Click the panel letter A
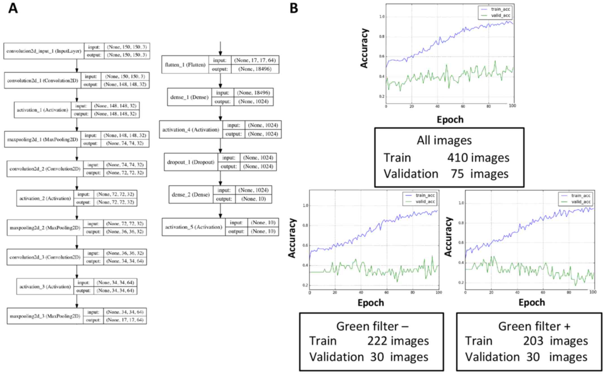tap(13, 8)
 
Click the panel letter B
tap(294, 8)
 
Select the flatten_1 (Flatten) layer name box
tap(185, 65)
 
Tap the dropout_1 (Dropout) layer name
tap(191, 162)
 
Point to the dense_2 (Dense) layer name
tap(191, 195)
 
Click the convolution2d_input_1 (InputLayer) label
tap(44, 51)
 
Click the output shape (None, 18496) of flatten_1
tap(255, 69)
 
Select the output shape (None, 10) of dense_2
tap(253, 199)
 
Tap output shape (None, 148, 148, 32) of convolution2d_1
tap(125, 84)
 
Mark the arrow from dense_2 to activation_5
tap(220, 211)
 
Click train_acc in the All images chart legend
tap(501, 9)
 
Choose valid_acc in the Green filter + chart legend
tap(581, 202)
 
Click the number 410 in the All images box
tap(458, 157)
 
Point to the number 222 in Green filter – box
tap(377, 341)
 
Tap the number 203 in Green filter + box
tap(533, 341)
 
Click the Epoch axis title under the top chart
tap(450, 119)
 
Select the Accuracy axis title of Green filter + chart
tap(448, 237)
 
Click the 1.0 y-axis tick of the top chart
tap(382, 17)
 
